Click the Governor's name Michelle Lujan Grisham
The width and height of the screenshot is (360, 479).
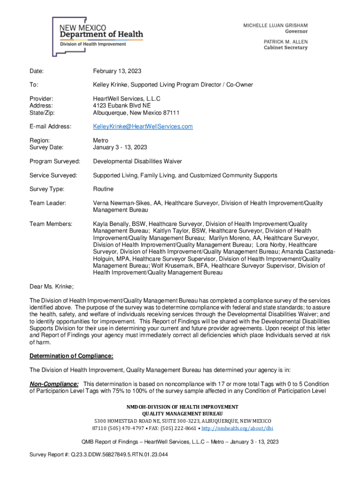tap(275, 25)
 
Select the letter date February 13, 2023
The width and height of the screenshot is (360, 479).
tap(117, 71)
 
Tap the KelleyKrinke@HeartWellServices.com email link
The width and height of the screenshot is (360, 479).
tap(143, 127)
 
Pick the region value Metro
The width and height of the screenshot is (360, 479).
tap(101, 140)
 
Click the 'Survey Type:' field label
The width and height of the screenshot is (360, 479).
tap(47, 189)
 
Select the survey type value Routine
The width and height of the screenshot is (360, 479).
tap(103, 189)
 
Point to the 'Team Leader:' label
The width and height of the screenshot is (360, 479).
tap(48, 203)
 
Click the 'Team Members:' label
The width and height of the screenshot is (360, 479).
tap(50, 224)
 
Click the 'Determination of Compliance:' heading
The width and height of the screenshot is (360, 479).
tap(71, 356)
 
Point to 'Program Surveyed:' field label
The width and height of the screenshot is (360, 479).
tap(55, 161)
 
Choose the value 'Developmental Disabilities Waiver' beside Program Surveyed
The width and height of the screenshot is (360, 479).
tap(137, 161)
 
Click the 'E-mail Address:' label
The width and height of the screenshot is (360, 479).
tap(50, 127)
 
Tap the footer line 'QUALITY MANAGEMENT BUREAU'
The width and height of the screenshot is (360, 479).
tap(180, 414)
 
